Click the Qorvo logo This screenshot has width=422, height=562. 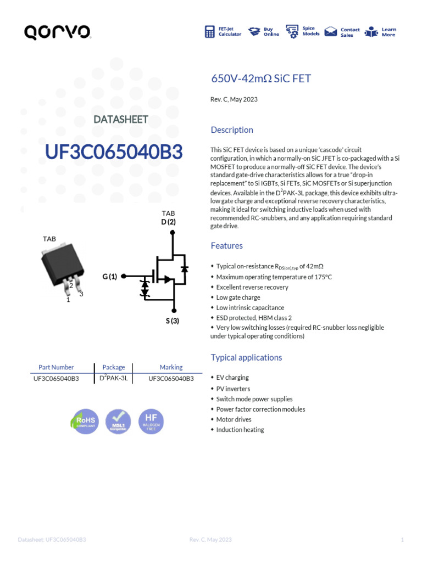click(57, 33)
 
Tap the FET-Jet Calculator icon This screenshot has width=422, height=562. click(210, 32)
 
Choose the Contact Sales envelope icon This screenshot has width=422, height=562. click(330, 32)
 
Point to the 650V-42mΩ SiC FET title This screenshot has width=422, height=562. click(261, 78)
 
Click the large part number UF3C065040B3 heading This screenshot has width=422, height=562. click(114, 153)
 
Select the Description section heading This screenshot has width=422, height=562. click(232, 130)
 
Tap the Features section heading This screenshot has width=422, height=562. click(227, 246)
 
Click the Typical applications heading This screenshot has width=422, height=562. click(246, 358)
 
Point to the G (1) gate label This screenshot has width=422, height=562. click(110, 277)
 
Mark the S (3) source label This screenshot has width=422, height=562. click(173, 321)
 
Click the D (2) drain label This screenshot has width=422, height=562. click(168, 222)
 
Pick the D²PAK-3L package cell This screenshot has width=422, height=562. click(114, 378)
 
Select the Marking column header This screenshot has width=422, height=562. click(171, 367)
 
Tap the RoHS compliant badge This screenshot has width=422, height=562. click(85, 421)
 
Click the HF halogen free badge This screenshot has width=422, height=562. click(151, 421)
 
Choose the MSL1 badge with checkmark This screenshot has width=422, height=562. click(118, 421)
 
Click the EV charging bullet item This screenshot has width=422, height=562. click(232, 378)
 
